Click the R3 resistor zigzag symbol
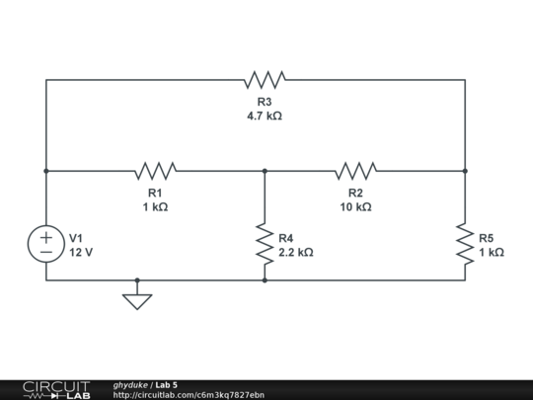pos(265,79)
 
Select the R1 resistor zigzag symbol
pos(157,171)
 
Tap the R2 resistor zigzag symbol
pos(355,171)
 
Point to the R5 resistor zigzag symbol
pos(465,244)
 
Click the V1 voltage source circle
pos(46,245)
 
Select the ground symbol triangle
pos(137,301)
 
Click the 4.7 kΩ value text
pos(265,116)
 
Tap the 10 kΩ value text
pos(355,207)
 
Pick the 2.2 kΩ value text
pos(296,252)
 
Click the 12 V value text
pos(81,252)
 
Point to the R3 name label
pos(265,102)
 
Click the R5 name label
pos(487,238)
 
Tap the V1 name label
pos(76,238)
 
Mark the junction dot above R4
pos(265,171)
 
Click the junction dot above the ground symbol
pos(137,280)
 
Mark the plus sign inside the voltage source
pos(46,238)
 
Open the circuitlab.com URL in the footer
pos(189,395)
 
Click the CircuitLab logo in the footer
pos(56,389)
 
